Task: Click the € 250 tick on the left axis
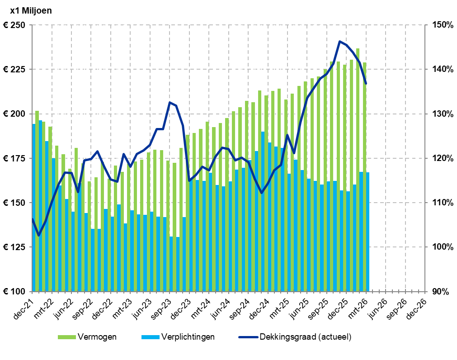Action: pyautogui.click(x=14, y=25)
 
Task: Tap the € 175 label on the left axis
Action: pyautogui.click(x=14, y=158)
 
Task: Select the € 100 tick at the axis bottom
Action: pyautogui.click(x=14, y=292)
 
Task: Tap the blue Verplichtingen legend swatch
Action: pyautogui.click(x=151, y=337)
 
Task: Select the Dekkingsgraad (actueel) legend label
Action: pyautogui.click(x=305, y=337)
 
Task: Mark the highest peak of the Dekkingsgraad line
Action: pyautogui.click(x=339, y=41)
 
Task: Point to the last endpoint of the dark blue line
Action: pyautogui.click(x=366, y=84)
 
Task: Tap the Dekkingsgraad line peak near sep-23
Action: pyautogui.click(x=170, y=102)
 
